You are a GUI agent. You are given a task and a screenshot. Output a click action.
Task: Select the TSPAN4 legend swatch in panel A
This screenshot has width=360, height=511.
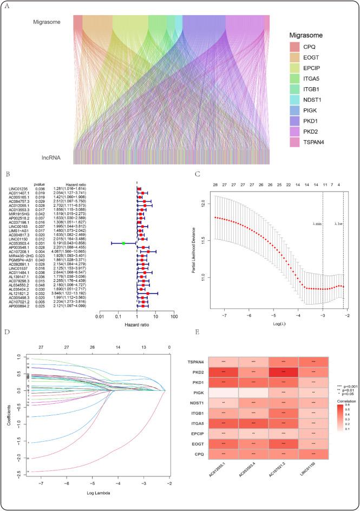pos(293,141)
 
